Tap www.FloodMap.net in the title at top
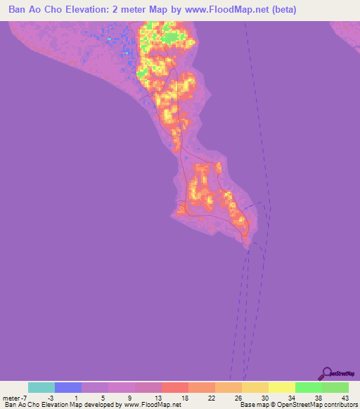point(219,10)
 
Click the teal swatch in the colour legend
point(41,387)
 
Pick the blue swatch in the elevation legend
point(68,387)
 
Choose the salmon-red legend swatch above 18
point(175,387)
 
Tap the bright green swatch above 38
point(309,387)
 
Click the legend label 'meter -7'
point(15,397)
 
